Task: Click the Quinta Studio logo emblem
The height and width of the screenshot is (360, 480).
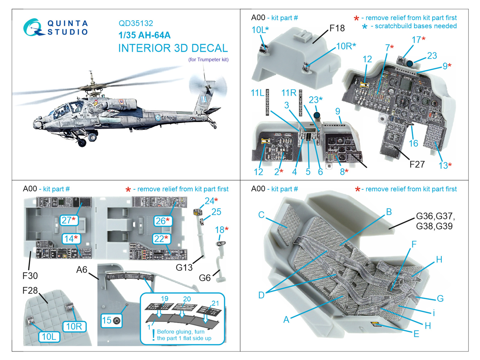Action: pos(32,27)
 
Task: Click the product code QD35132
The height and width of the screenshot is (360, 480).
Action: pos(136,23)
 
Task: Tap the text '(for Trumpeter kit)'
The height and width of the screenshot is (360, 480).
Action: pos(208,60)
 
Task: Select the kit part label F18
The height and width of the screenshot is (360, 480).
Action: pos(337,28)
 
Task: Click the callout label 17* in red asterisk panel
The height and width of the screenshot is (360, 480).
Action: pos(418,40)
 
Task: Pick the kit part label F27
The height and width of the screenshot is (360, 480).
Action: pos(417,164)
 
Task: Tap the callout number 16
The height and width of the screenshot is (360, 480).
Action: pos(413,143)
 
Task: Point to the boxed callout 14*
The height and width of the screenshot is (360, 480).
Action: pos(71,239)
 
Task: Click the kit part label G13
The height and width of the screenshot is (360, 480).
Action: pos(184,267)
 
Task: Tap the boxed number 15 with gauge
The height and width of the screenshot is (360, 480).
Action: pos(111,320)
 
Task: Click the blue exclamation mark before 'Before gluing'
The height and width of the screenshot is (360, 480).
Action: pos(153,335)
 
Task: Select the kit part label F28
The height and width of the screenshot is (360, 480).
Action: pos(30,290)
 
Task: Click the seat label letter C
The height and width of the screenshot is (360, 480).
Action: pos(261,215)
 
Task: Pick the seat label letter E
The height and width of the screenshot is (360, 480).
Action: pos(416,334)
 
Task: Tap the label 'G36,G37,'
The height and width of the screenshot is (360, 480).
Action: pos(435,216)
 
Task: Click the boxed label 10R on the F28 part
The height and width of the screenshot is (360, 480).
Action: pos(74,326)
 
